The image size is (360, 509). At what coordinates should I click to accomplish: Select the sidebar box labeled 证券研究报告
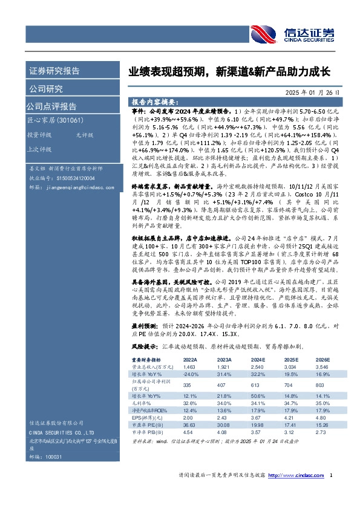click(x=54, y=71)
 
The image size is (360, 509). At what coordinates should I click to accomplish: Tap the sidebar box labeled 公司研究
click(x=46, y=89)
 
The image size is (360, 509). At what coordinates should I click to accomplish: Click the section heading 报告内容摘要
click(x=154, y=102)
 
